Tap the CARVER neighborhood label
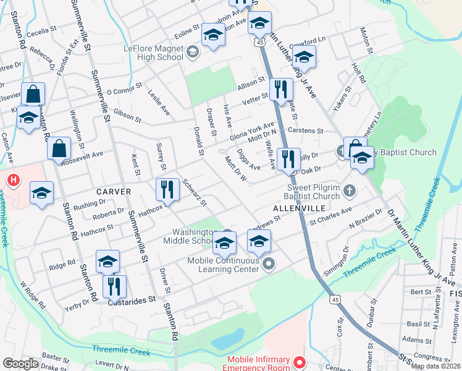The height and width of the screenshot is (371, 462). click(114, 192)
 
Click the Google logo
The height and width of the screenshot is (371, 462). click(20, 364)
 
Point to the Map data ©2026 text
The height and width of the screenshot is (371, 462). click(435, 366)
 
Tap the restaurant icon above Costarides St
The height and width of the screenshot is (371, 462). click(114, 286)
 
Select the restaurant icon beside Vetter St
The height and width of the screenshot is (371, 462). click(281, 89)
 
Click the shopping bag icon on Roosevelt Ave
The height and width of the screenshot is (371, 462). click(59, 149)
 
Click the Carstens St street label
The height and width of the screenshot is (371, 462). click(307, 131)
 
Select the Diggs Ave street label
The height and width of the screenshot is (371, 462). click(248, 159)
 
